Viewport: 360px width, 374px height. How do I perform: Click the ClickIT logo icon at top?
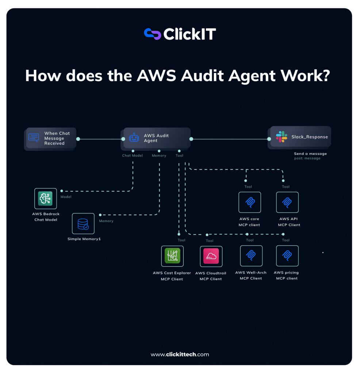pos(153,34)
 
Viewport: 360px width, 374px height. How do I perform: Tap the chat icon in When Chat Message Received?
pos(34,138)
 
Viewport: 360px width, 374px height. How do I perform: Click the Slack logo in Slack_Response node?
pos(281,137)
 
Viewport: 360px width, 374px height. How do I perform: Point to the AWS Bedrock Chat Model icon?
pos(46,199)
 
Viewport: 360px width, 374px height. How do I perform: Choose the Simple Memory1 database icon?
pos(83,224)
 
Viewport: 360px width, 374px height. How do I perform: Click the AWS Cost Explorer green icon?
pos(172,256)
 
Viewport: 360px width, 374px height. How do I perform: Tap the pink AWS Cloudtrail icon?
pos(211,256)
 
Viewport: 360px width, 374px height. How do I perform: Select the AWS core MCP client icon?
pos(250,202)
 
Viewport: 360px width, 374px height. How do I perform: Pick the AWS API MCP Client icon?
pos(287,202)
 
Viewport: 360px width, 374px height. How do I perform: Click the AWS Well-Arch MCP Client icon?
pos(251,256)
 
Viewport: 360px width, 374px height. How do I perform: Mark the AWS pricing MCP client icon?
pos(287,256)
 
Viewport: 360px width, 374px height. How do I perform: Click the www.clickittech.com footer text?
pos(180,354)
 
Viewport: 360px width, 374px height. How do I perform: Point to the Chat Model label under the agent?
pos(133,156)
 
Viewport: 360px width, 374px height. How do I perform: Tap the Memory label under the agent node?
pos(159,156)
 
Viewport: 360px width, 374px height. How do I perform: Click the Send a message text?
pos(310,154)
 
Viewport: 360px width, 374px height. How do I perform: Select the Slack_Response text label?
pos(310,137)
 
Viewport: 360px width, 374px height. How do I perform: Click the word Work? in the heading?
pos(305,76)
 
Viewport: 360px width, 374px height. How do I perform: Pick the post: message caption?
pos(307,159)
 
